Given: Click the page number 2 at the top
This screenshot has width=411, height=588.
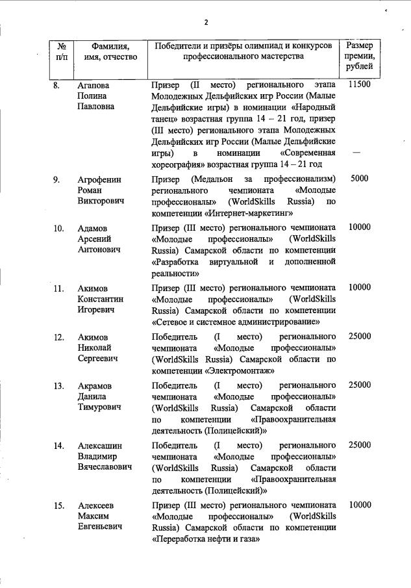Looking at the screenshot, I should point(206,22).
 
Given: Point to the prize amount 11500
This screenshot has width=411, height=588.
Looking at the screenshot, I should point(359,85).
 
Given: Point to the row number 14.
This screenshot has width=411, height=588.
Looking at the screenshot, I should point(58,445).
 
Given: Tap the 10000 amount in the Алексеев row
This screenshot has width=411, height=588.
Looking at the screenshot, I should point(359,505).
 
